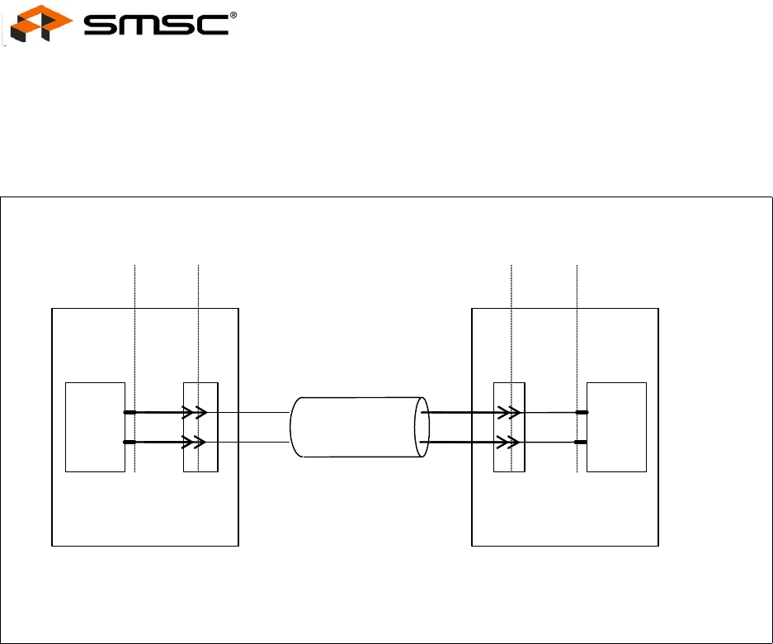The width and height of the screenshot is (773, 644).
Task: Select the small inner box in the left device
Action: point(95,427)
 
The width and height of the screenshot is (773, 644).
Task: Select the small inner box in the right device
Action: point(616,427)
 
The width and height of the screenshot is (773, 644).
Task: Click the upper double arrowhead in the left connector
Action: point(194,411)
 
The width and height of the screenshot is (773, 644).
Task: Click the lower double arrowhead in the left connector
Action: point(194,442)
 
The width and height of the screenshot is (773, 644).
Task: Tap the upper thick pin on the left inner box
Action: point(130,411)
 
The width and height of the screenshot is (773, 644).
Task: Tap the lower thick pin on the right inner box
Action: point(581,442)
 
